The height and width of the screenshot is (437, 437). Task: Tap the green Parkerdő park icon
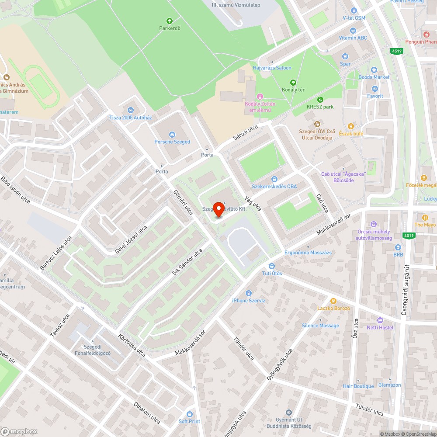pyautogui.click(x=170, y=21)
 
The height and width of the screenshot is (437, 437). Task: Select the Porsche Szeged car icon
pyautogui.click(x=172, y=134)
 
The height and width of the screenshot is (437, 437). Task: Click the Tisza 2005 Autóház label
pyautogui.click(x=130, y=118)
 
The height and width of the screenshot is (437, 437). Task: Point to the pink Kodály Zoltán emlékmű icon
pyautogui.click(x=260, y=96)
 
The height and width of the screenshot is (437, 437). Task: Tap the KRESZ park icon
pyautogui.click(x=320, y=99)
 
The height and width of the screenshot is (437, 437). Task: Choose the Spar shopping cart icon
pyautogui.click(x=345, y=56)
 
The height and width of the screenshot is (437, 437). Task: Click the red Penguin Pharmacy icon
pyautogui.click(x=427, y=34)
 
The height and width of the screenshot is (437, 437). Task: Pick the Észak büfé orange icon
pyautogui.click(x=350, y=126)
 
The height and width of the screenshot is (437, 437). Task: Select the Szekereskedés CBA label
pyautogui.click(x=274, y=187)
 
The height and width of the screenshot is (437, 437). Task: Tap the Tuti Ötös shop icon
pyautogui.click(x=272, y=266)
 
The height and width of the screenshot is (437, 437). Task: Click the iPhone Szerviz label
pyautogui.click(x=249, y=300)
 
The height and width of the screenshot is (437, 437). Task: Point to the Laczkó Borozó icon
pyautogui.click(x=333, y=301)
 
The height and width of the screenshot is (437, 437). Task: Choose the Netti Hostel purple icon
pyautogui.click(x=380, y=320)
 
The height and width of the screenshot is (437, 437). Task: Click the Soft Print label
pyautogui.click(x=189, y=421)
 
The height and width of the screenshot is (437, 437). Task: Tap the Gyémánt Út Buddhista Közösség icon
pyautogui.click(x=288, y=413)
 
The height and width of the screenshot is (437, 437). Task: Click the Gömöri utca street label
pyautogui.click(x=183, y=202)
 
